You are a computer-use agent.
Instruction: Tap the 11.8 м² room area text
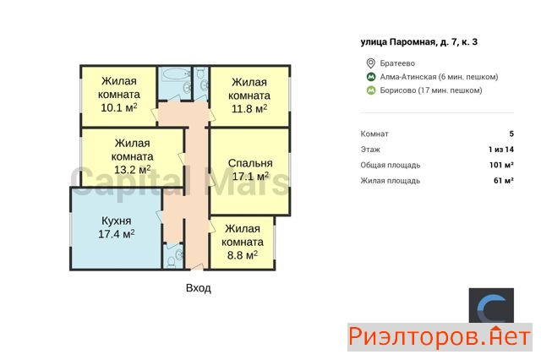coord(249,109)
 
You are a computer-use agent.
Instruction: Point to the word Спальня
coord(250,163)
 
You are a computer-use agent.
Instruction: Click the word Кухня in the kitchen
coord(117,221)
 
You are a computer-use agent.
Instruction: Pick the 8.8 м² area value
coord(243,255)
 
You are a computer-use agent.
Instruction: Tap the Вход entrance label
coord(199,288)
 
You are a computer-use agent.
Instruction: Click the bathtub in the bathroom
coord(176,74)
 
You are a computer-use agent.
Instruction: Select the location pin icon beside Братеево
coord(370,63)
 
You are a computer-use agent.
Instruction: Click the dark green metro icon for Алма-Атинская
coord(371,77)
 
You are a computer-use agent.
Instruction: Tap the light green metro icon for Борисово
coord(371,90)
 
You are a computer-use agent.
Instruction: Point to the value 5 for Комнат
coord(511,134)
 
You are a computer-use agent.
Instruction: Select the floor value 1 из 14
coord(501,150)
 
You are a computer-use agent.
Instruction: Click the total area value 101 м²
coord(501,165)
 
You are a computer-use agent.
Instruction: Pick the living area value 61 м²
coord(504,180)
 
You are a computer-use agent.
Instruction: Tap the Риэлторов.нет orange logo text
coord(440,337)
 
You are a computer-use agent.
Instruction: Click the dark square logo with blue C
coord(491,306)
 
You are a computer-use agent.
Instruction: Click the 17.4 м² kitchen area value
coord(117,234)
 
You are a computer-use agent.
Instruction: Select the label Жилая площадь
coord(391,181)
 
